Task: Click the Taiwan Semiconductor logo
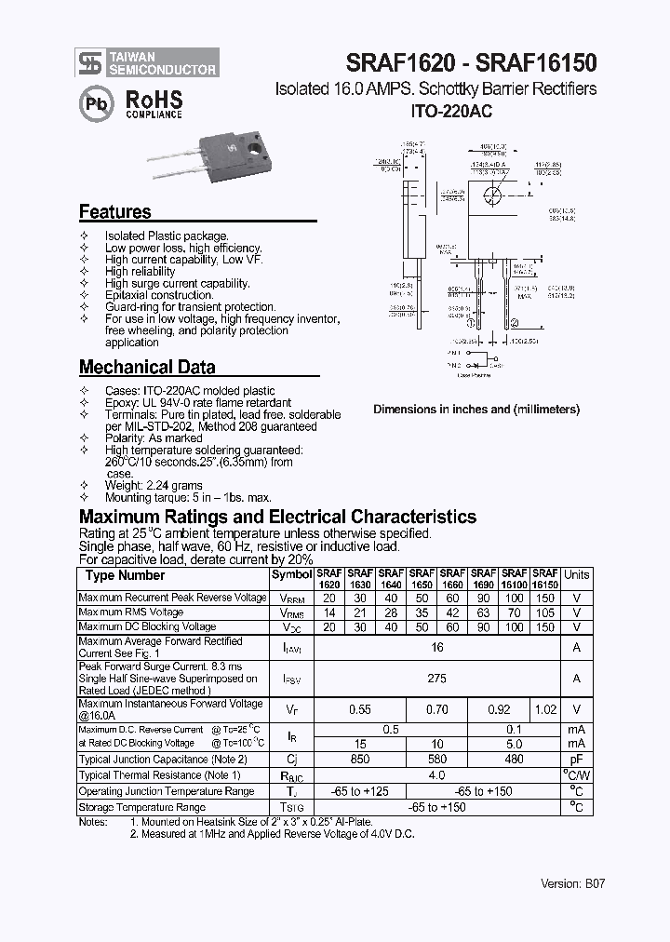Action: [x=148, y=62]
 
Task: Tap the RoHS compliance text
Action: [x=154, y=104]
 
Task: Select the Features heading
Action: [x=114, y=212]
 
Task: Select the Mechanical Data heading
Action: [x=147, y=367]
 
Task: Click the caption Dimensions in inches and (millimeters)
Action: [x=476, y=410]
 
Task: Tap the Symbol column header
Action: [x=291, y=575]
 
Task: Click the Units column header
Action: [x=576, y=575]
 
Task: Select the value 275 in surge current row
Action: [x=436, y=679]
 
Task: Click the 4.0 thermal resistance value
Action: [x=436, y=775]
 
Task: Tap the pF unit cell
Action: [x=576, y=760]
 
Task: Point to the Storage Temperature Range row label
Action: [x=142, y=807]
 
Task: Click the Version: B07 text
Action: [x=572, y=883]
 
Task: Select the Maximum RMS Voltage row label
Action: [x=131, y=612]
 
